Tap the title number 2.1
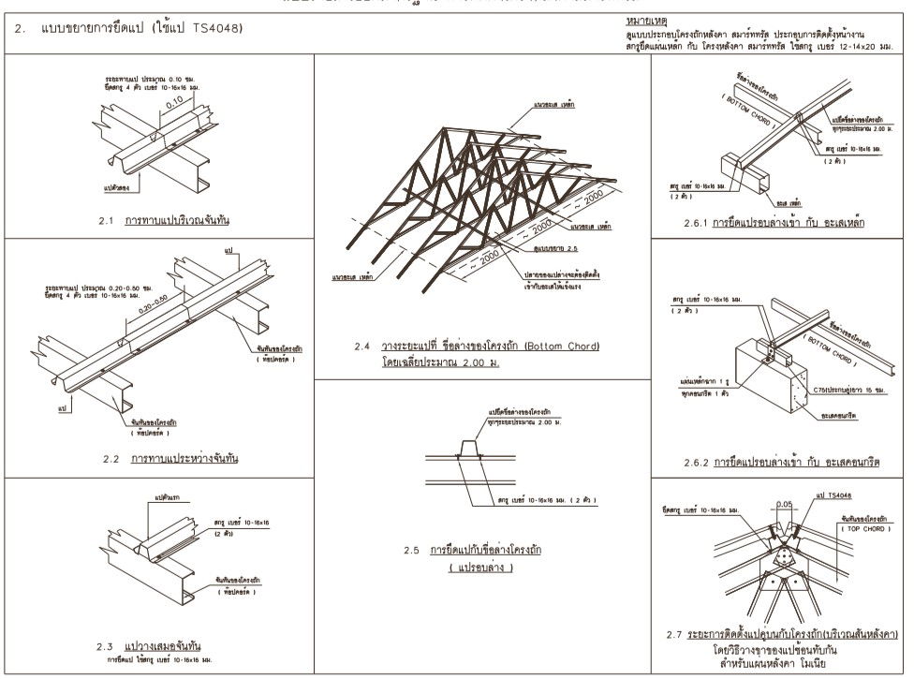point(106,221)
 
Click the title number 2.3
point(106,646)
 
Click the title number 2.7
point(673,635)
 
